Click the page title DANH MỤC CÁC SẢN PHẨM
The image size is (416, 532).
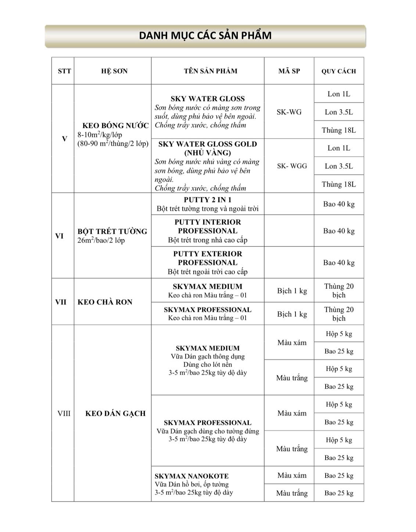205,36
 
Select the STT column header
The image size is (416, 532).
64,71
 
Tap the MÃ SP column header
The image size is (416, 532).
289,71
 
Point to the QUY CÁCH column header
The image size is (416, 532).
338,71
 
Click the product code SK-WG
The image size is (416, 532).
289,112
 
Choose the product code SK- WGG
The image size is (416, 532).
292,166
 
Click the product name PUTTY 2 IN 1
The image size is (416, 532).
208,200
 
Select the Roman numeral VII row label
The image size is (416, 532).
61,302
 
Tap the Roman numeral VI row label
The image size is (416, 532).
60,236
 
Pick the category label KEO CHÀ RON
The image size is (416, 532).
105,302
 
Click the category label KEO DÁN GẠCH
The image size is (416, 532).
115,413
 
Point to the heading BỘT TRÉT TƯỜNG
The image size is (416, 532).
112,231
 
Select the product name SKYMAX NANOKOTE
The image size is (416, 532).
191,476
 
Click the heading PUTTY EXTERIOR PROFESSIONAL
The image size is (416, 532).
208,258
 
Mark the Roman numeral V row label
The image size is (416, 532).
65,139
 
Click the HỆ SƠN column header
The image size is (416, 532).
114,71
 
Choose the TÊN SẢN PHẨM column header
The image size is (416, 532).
211,71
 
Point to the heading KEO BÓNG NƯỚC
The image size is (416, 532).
115,126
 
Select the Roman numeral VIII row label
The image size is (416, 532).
64,413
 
